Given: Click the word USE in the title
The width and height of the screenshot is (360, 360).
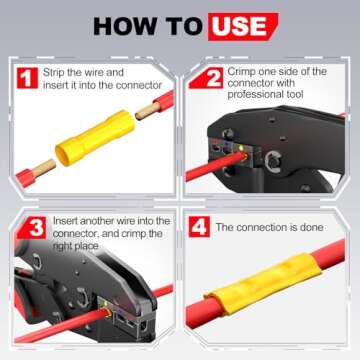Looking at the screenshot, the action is tap(239, 26).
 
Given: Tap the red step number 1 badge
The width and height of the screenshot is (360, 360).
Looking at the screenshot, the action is tap(27, 78).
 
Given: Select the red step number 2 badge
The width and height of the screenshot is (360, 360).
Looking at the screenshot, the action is tap(209, 78).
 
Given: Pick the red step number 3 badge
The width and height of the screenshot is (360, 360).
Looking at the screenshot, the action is tap(33, 228).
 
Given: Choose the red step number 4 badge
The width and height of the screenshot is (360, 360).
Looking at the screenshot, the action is tap(199, 227).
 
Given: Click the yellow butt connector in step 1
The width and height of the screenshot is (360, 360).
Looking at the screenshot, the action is tap(95, 137).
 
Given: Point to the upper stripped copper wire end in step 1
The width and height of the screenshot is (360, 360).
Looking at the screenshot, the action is tap(148, 111).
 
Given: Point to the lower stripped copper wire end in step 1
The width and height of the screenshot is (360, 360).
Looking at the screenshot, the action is tap(44, 168).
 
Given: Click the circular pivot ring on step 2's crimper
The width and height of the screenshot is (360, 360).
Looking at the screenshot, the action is tap(273, 161).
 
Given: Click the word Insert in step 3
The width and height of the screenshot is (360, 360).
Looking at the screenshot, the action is tap(65, 221).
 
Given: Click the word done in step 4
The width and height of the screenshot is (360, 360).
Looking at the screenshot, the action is tap(311, 227).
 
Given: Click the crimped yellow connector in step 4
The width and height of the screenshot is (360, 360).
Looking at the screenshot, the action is tap(263, 283).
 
